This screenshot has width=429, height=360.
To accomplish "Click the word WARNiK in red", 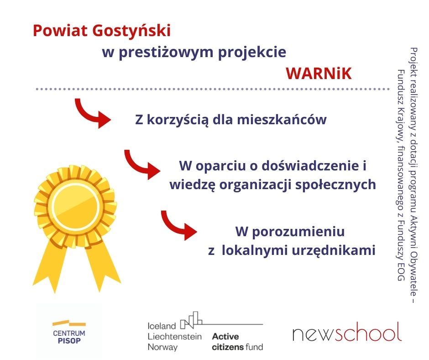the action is (x=319, y=73).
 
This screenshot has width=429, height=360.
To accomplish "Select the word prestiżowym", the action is (x=166, y=53).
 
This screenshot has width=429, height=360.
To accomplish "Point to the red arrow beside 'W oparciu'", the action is (x=142, y=165).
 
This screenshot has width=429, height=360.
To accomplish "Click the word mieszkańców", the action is (x=282, y=119).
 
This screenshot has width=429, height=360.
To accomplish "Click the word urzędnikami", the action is (x=334, y=250).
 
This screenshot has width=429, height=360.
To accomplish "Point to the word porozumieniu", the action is (x=298, y=232).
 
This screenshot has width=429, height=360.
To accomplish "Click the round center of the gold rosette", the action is (x=76, y=206).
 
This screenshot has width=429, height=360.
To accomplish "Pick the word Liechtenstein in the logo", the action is (x=174, y=336).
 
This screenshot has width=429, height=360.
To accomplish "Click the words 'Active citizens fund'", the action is (x=237, y=342).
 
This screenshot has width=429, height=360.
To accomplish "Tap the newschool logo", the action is (x=347, y=332).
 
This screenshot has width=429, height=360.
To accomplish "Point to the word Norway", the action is (x=162, y=347).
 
